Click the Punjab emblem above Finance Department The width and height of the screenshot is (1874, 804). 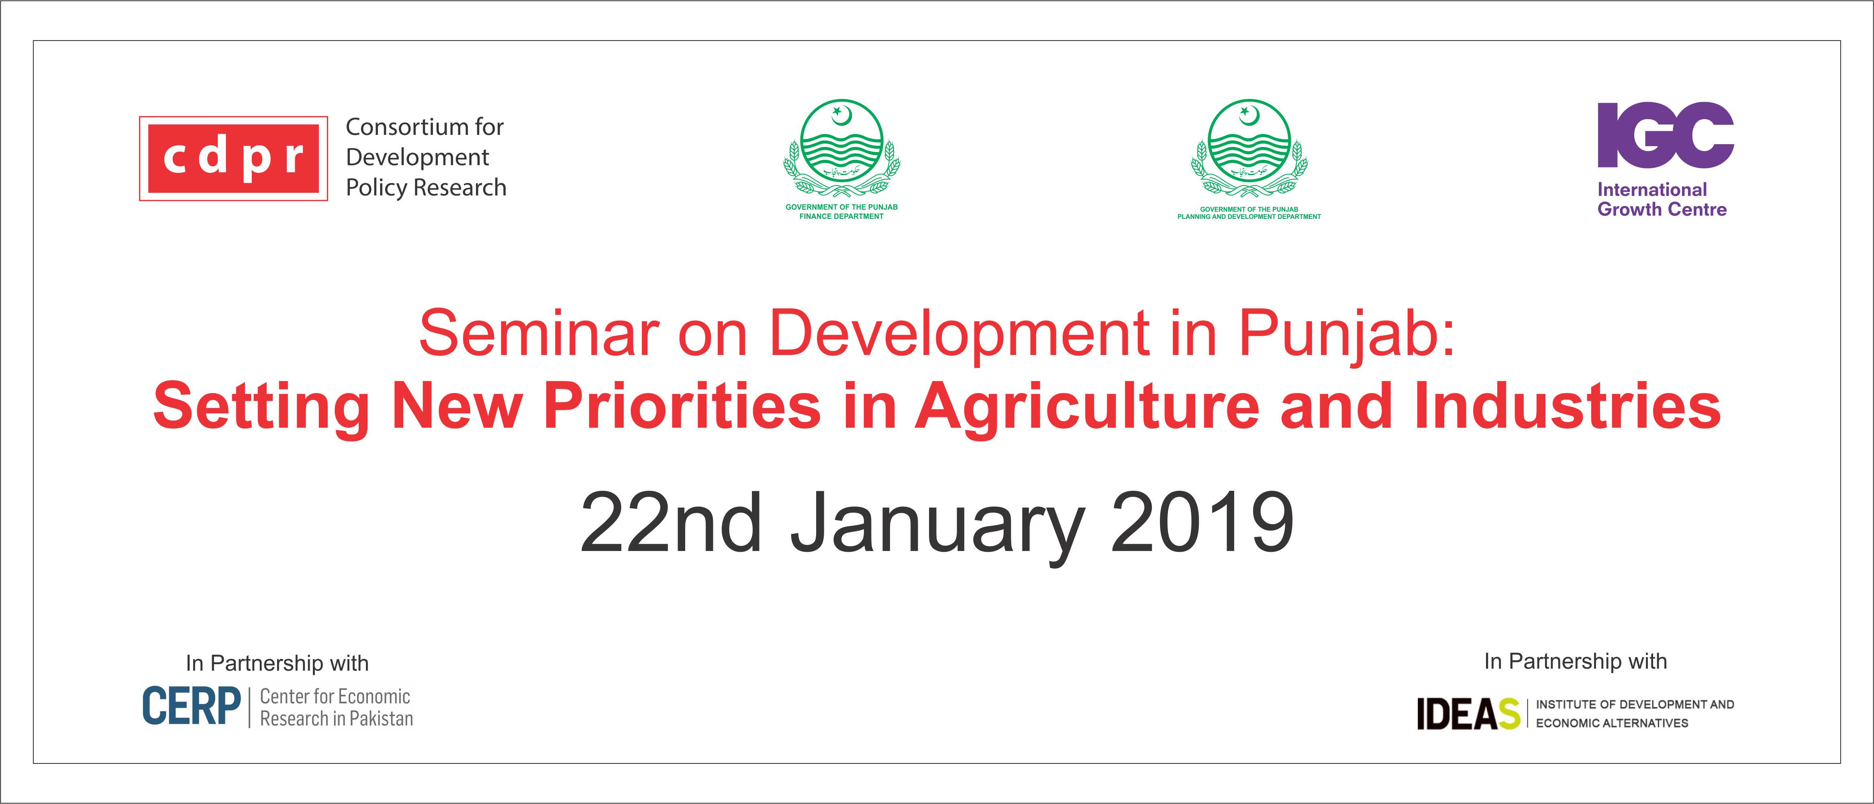842,149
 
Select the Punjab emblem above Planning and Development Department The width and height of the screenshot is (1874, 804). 1249,149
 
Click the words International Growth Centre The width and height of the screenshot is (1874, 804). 1662,199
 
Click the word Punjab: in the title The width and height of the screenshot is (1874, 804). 1347,336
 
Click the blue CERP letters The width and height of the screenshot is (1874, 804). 191,706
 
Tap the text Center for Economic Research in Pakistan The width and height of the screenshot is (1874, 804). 336,707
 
